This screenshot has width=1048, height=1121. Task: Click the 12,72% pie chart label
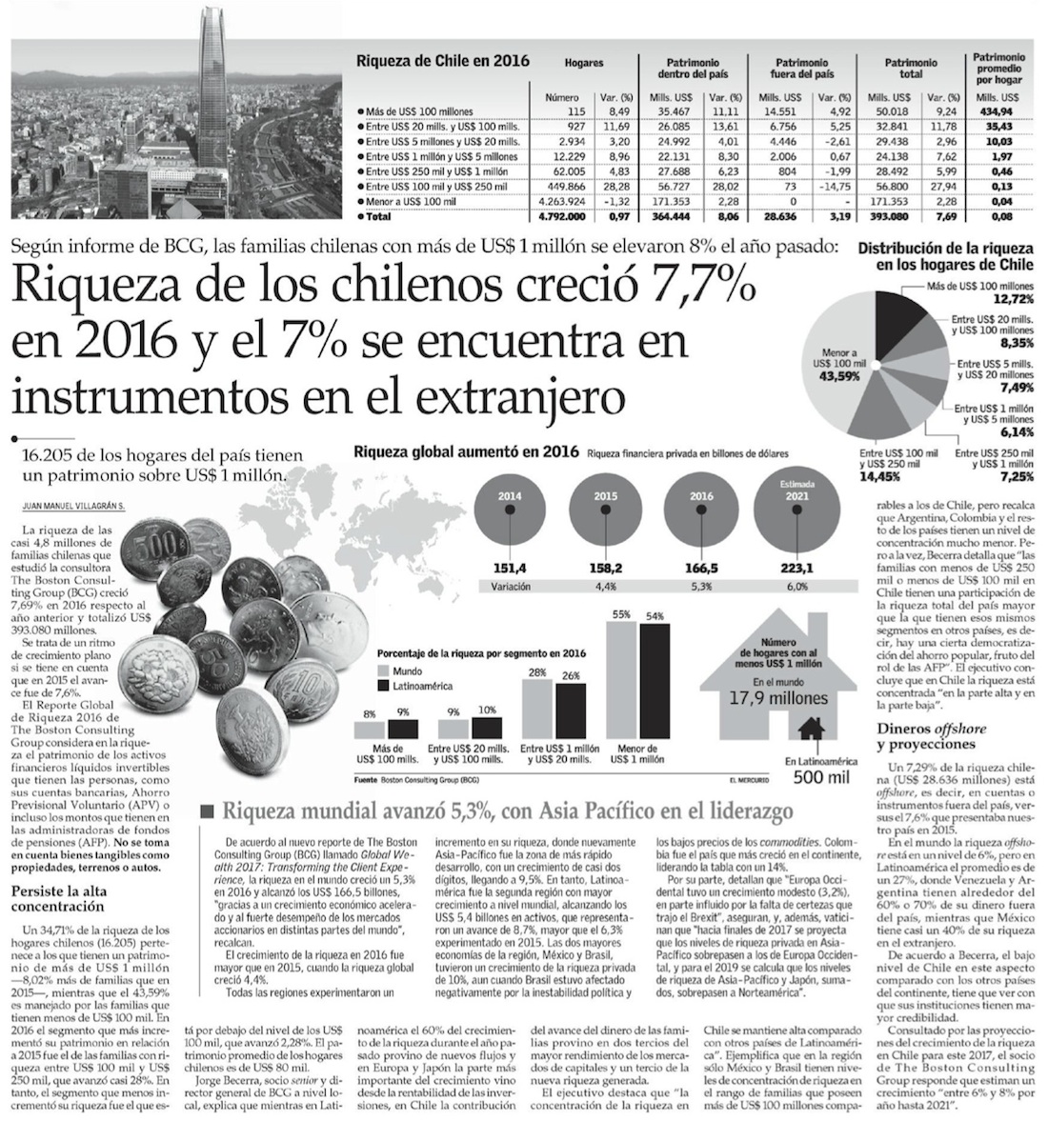point(1013,298)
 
